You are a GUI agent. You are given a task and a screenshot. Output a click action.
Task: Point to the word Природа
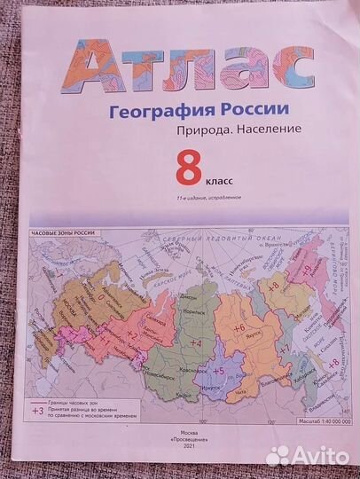click(x=203, y=130)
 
